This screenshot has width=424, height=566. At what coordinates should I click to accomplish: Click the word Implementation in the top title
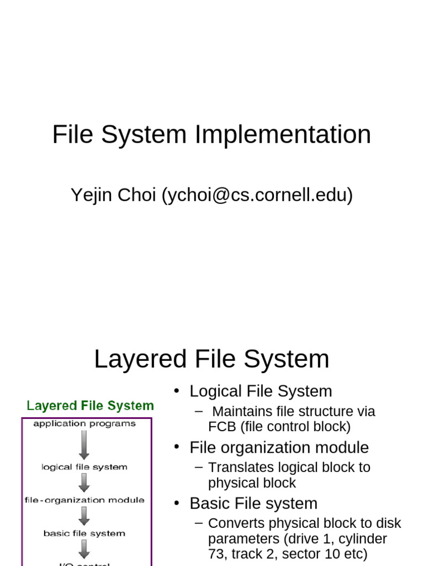[x=282, y=135]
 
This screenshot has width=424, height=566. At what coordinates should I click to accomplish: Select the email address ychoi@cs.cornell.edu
[x=257, y=195]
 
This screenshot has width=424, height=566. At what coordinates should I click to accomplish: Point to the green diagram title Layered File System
[x=91, y=406]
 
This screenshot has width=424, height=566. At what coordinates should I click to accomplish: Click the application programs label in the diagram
[x=84, y=424]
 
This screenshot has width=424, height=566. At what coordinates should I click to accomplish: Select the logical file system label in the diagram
[x=84, y=467]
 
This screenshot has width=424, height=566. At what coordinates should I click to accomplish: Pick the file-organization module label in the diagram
[x=84, y=500]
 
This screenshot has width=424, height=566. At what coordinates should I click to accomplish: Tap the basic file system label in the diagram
[x=84, y=533]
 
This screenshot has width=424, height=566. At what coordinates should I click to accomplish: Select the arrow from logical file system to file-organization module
[x=84, y=483]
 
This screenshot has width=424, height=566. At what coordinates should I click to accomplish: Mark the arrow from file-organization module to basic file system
[x=84, y=516]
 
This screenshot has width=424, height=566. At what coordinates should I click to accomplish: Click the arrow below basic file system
[x=84, y=549]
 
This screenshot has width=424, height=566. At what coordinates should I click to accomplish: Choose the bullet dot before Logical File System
[x=177, y=391]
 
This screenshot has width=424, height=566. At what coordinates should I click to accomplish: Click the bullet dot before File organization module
[x=177, y=447]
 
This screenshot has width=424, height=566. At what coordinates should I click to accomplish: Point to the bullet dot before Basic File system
[x=177, y=504]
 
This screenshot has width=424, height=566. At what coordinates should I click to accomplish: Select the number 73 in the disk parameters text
[x=217, y=553]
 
